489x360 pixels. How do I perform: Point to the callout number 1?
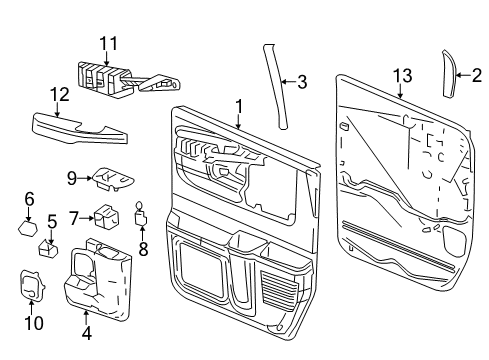238,105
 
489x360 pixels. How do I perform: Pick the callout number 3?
301,82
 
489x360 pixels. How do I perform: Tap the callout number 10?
33,323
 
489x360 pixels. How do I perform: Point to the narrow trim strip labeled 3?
277,80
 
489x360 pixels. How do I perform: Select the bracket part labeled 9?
112,177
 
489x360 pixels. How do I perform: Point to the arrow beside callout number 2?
463,74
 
